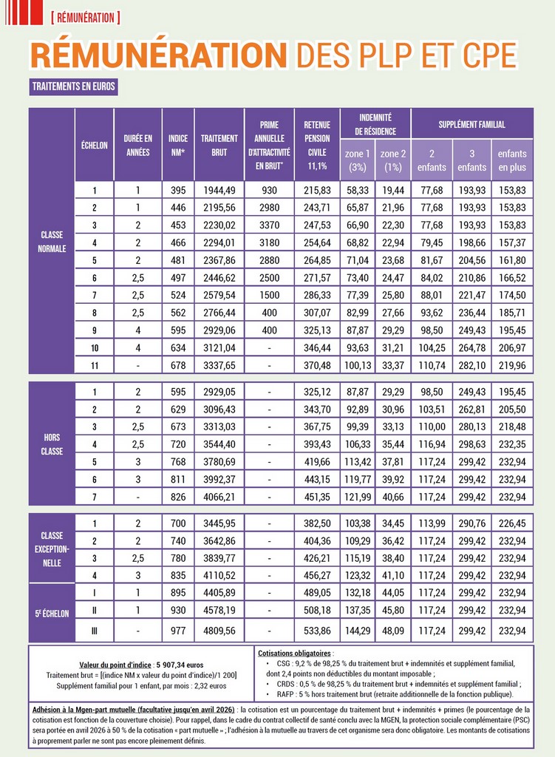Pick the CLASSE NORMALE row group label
(52, 242)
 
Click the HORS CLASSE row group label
(52, 444)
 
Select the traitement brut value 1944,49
(219, 191)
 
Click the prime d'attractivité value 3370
(269, 225)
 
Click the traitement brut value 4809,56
(219, 631)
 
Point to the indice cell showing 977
(178, 631)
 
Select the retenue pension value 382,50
(317, 523)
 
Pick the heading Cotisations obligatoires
(296, 654)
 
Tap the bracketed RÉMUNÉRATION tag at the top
(86, 17)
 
